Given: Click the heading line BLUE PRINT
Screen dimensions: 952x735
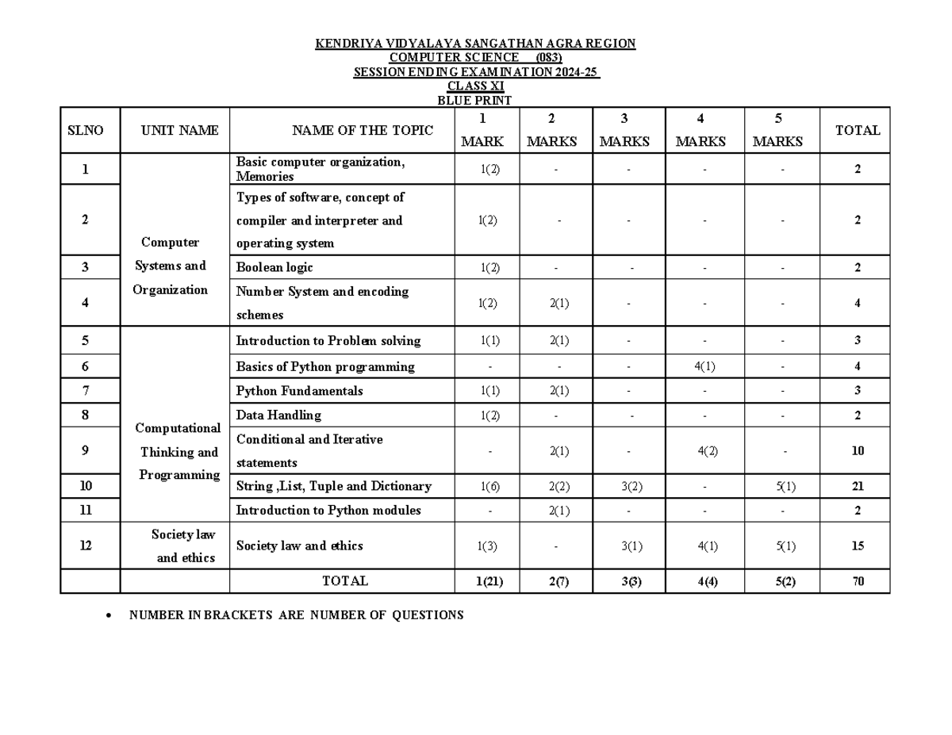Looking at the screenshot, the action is click(x=474, y=100).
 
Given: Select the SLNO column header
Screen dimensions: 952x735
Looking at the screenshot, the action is click(x=85, y=131).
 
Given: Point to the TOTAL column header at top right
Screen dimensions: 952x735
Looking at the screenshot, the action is click(x=857, y=131).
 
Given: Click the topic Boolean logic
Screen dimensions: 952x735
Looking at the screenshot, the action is click(x=274, y=267).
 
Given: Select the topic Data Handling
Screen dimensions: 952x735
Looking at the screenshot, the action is click(x=278, y=415).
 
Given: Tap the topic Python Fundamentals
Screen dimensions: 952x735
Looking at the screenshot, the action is click(x=299, y=391).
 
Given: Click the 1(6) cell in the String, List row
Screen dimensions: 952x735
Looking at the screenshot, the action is click(x=489, y=486).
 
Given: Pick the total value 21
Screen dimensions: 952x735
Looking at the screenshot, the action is click(x=858, y=486).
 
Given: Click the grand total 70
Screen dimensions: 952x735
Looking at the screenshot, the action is click(x=858, y=581).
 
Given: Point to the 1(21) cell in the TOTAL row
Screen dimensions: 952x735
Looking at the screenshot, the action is click(x=489, y=581).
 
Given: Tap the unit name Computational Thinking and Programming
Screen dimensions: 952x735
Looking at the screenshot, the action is click(x=178, y=451).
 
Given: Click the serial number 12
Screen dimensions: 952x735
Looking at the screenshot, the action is click(x=86, y=546).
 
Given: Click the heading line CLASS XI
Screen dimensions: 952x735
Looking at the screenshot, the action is click(x=475, y=86).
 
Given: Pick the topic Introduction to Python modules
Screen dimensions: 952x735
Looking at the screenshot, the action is click(x=328, y=510).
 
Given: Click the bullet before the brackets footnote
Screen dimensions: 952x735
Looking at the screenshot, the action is click(x=109, y=615).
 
